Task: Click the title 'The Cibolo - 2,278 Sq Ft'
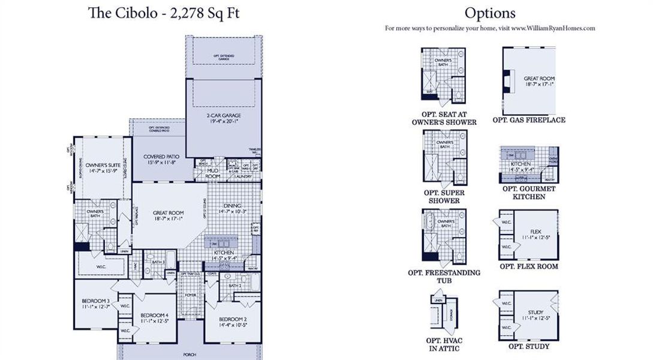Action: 164,13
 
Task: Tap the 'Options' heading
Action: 489,13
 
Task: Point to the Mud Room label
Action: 213,173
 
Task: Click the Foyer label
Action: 190,295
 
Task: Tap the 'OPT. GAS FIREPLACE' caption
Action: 529,120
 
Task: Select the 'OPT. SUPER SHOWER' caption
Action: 444,197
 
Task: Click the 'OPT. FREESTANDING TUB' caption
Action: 444,277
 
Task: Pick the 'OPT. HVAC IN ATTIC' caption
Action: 444,344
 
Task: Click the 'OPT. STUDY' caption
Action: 529,346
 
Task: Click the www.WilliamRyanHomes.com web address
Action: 553,28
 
